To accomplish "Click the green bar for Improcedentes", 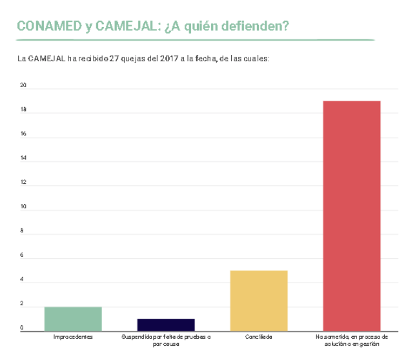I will point(73,318).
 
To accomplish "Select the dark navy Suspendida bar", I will point(166,324).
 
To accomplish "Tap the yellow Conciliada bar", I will point(258,300).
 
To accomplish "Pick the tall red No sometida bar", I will point(351,215).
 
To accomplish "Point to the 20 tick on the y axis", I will point(23,85).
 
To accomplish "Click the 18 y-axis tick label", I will point(23,110).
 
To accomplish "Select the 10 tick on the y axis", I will point(23,207).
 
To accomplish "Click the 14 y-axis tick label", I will point(23,158).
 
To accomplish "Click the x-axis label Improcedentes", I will point(73,337).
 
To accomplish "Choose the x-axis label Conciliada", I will point(258,337).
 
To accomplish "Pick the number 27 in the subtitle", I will point(115,59).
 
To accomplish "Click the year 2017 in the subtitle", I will point(170,59).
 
